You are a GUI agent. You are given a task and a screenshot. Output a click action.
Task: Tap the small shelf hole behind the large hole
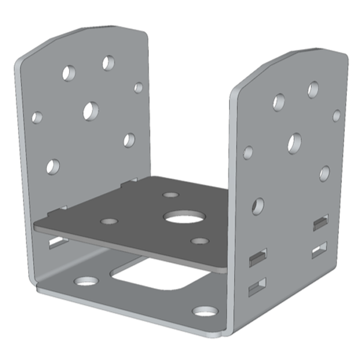[171, 195]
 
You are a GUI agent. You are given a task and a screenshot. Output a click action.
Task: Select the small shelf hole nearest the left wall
[109, 221]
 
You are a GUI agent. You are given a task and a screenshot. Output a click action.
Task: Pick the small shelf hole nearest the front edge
[199, 241]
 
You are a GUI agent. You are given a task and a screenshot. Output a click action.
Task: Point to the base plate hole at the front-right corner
[205, 311]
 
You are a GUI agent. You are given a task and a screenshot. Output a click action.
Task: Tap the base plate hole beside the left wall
[86, 280]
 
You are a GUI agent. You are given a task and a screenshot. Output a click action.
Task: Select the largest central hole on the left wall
[91, 110]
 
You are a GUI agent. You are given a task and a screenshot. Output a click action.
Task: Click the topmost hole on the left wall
[109, 62]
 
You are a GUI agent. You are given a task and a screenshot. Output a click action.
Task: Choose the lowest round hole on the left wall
[53, 166]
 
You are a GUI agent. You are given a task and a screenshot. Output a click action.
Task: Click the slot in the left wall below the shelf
[58, 242]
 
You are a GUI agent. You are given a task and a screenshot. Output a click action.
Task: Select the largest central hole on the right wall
[294, 143]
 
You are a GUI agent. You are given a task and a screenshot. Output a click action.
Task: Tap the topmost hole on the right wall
[313, 89]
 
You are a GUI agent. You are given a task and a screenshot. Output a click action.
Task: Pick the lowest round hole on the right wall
[257, 206]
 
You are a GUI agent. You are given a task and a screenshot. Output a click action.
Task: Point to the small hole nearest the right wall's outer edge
[337, 115]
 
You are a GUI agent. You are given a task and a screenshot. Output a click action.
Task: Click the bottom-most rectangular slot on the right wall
[257, 287]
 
